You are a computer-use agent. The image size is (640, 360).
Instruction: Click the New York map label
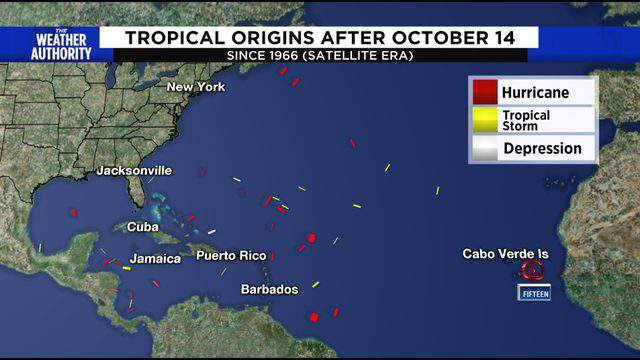[x=196, y=87]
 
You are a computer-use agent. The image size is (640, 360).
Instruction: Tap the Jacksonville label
[x=134, y=171]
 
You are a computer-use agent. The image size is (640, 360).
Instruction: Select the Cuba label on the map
[x=143, y=227]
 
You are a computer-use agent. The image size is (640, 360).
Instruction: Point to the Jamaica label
[x=155, y=259]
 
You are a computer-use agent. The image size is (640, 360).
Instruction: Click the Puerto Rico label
[x=229, y=256]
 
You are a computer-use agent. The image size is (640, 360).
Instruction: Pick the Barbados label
[x=270, y=289]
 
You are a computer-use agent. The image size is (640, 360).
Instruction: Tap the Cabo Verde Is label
[x=505, y=254]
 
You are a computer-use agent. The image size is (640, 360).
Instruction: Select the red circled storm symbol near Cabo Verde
[x=531, y=270]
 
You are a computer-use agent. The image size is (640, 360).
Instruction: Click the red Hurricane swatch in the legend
[x=485, y=92]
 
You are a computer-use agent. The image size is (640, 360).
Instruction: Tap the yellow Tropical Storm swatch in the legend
[x=485, y=120]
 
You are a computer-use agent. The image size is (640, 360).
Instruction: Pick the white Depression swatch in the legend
[x=485, y=148]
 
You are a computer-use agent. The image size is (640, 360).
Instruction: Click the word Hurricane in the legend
[x=536, y=92]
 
